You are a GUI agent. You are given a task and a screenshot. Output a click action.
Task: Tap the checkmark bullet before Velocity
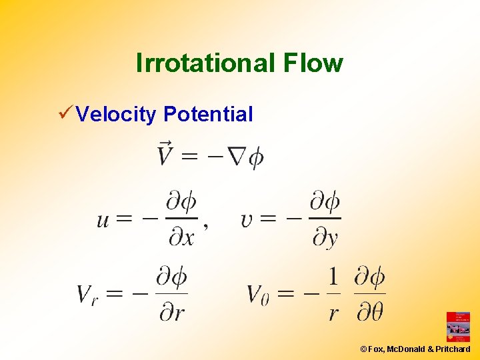coord(65,113)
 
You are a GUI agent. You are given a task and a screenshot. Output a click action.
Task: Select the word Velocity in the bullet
coord(116,114)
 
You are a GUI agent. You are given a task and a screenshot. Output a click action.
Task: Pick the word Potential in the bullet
coord(208,114)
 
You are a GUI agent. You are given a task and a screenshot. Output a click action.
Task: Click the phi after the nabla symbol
coord(255,158)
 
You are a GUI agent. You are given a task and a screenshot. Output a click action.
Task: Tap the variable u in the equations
coord(103,220)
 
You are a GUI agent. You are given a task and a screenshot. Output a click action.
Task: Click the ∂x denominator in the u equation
coord(181,237)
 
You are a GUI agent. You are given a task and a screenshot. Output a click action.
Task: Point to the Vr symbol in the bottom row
coord(87,293)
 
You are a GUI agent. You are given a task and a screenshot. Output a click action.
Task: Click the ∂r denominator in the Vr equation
coord(171,311)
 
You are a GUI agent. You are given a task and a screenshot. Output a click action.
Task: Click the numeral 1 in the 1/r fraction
coord(334,276)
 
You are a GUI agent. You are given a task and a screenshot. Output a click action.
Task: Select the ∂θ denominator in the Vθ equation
coord(369,311)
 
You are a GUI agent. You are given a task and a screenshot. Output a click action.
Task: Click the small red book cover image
coord(458,327)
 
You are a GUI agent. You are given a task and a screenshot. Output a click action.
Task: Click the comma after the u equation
coord(205,227)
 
